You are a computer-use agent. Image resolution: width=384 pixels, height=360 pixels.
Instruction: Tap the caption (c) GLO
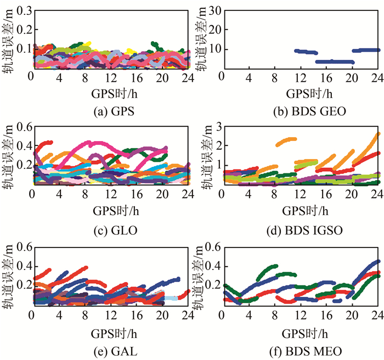(x=112, y=229)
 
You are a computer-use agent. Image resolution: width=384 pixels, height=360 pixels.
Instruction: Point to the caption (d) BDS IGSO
(x=302, y=229)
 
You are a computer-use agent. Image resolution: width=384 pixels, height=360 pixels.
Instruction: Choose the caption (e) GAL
(x=112, y=347)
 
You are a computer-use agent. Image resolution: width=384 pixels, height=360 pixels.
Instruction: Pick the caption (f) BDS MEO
(x=302, y=347)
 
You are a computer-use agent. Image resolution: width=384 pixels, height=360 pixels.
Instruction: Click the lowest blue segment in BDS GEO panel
(x=335, y=62)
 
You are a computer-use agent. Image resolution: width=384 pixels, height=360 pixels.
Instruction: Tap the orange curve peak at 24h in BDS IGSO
(x=377, y=134)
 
